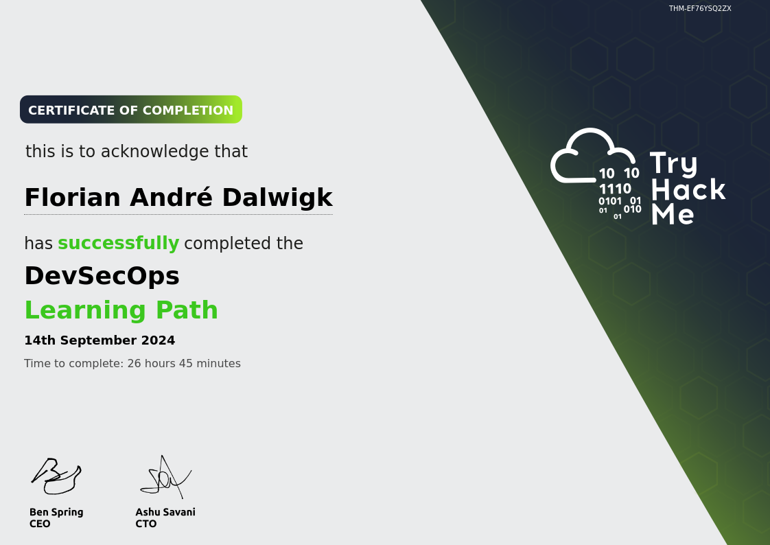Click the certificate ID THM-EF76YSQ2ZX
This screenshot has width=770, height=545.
pos(700,8)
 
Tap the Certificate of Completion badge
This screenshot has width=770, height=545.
pos(131,110)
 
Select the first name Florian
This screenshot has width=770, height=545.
pos(73,198)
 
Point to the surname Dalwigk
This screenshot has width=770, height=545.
pos(277,198)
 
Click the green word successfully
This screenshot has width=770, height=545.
pos(118,243)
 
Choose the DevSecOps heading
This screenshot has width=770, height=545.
pos(102,276)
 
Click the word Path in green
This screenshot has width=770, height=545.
pos(187,310)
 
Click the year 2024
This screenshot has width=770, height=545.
pos(158,340)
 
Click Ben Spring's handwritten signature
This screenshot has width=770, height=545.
pos(56,475)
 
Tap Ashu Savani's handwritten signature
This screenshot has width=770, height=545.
pos(165,477)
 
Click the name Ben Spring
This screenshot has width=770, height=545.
pos(56,513)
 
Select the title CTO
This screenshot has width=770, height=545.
pos(146,524)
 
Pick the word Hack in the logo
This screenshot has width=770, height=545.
pos(688,189)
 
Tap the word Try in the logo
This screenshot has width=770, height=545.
pos(673,164)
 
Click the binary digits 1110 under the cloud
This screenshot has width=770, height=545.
pos(615,189)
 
